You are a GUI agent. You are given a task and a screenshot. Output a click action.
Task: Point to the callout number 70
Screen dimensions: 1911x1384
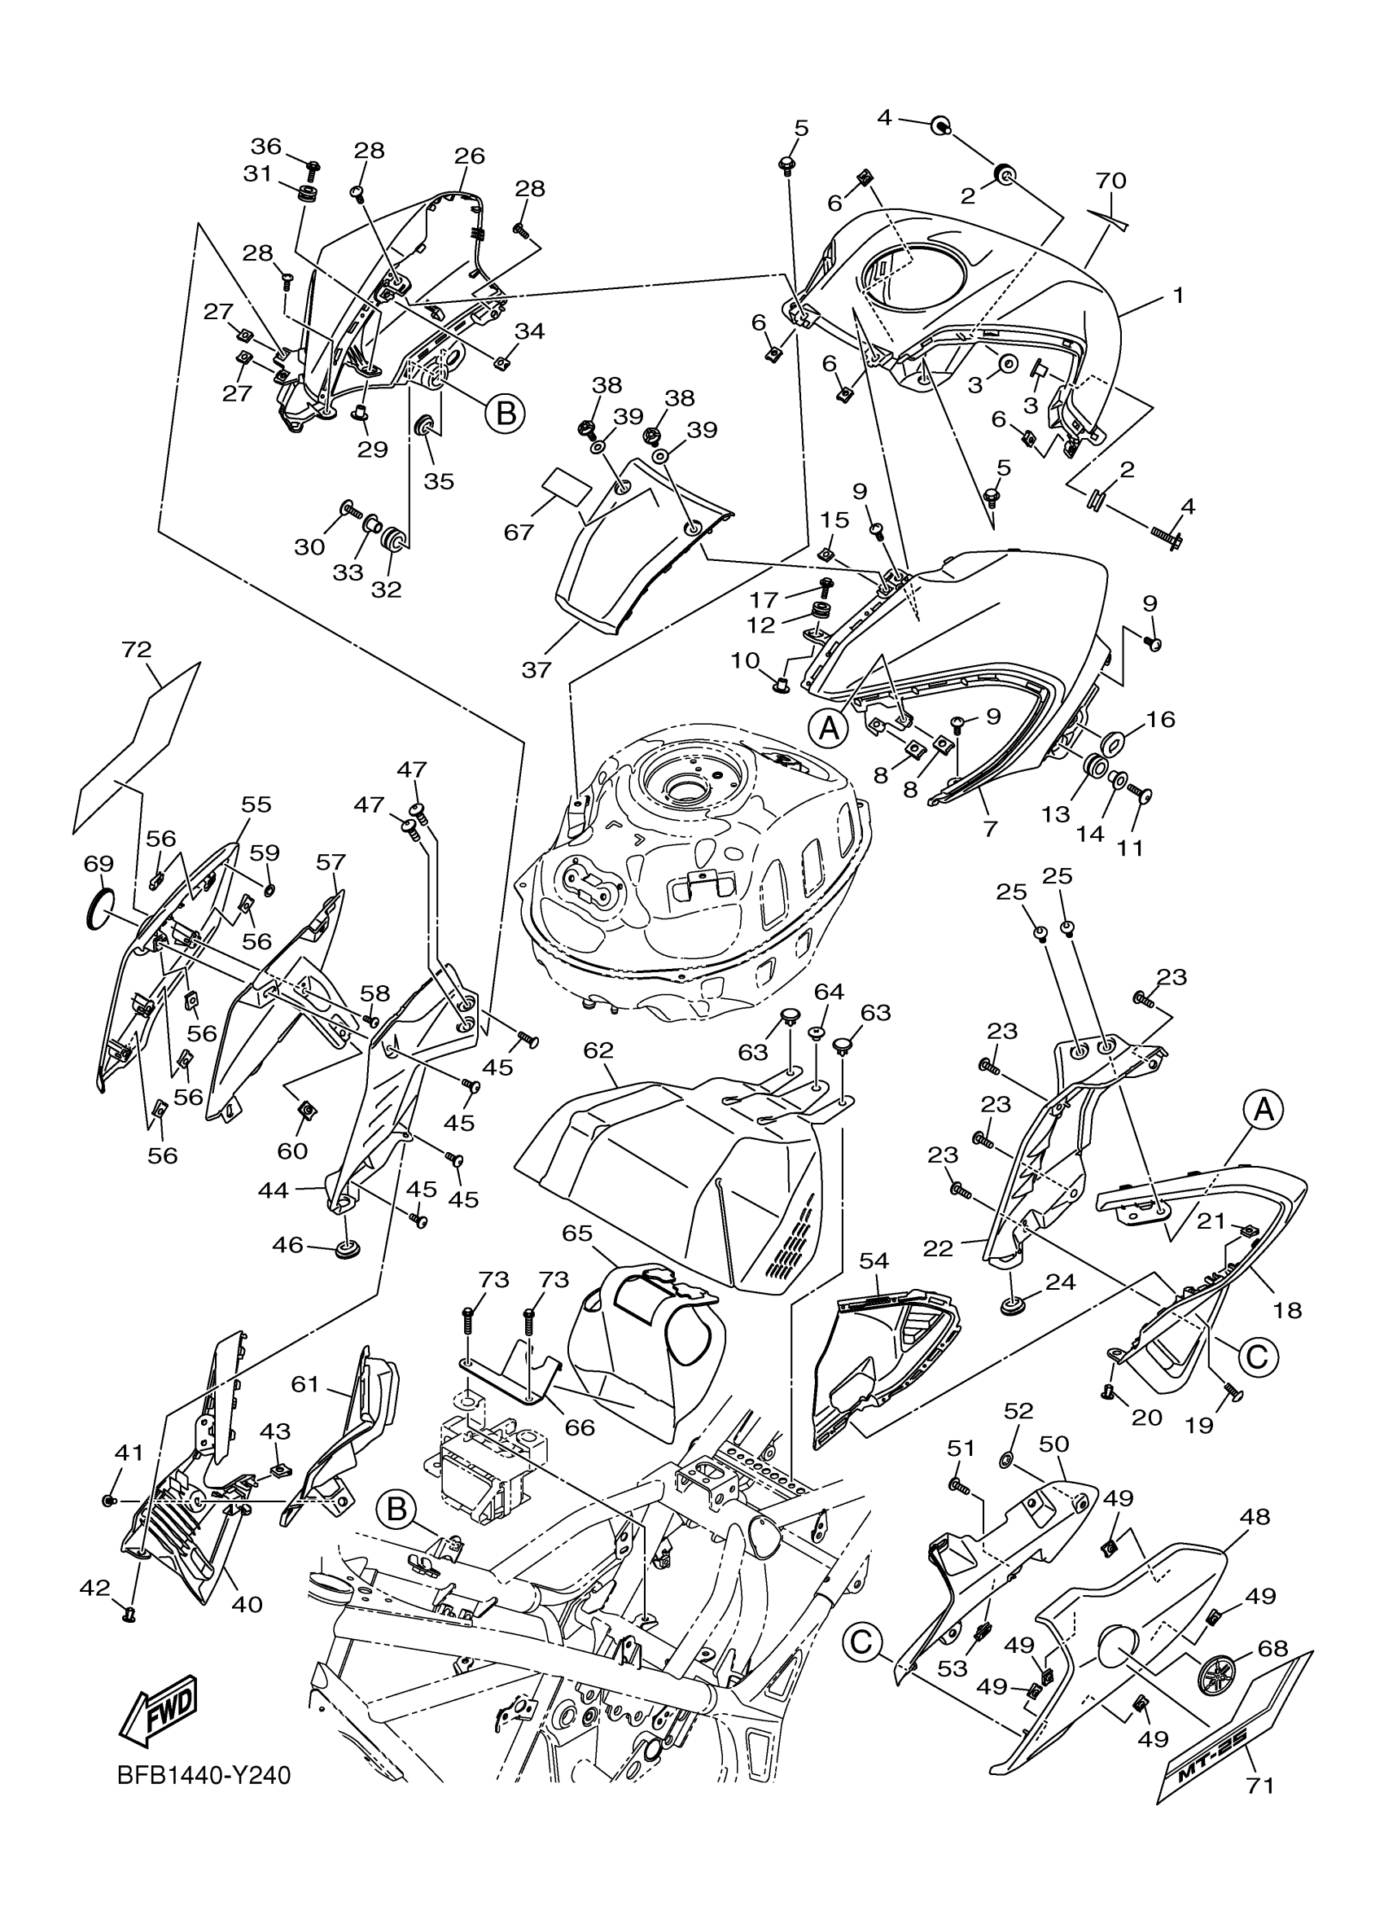[1111, 180]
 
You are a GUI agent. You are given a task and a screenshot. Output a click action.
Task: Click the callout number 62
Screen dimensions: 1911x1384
[598, 1050]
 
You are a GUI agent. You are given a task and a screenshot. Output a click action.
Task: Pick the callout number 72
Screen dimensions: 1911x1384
[137, 649]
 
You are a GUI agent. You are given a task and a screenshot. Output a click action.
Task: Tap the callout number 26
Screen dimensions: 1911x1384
[470, 156]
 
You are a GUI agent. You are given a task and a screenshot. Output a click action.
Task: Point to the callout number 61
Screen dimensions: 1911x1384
[304, 1384]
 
